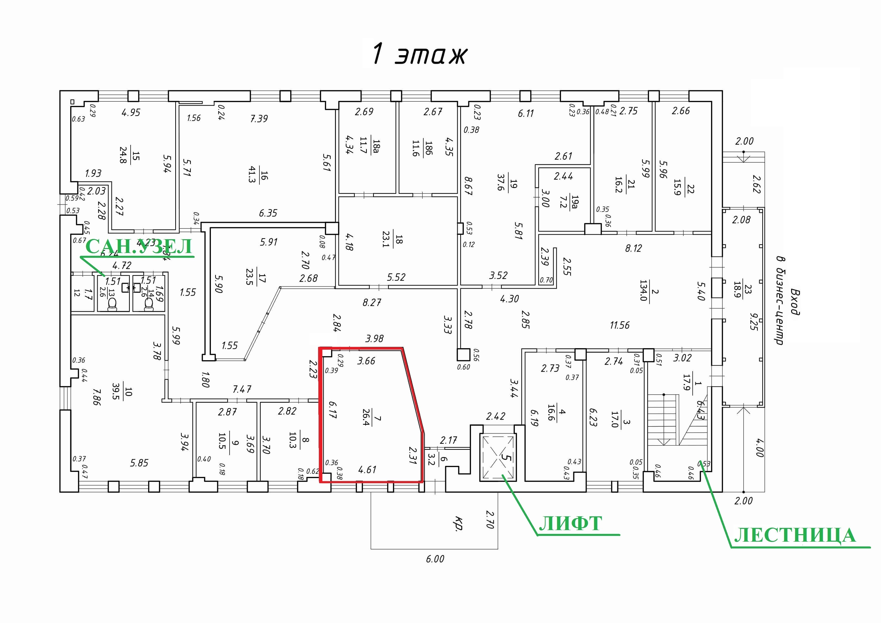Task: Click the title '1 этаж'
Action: click(419, 54)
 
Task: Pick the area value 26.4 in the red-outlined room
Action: click(366, 418)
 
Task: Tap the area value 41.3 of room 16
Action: click(252, 174)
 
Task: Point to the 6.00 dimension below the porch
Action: click(435, 559)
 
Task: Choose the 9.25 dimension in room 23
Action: click(754, 322)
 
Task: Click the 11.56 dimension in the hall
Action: click(620, 325)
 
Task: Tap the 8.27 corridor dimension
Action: click(372, 303)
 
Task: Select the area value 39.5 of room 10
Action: click(115, 391)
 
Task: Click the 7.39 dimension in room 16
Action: click(259, 118)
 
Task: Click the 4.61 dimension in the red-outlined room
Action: click(367, 470)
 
